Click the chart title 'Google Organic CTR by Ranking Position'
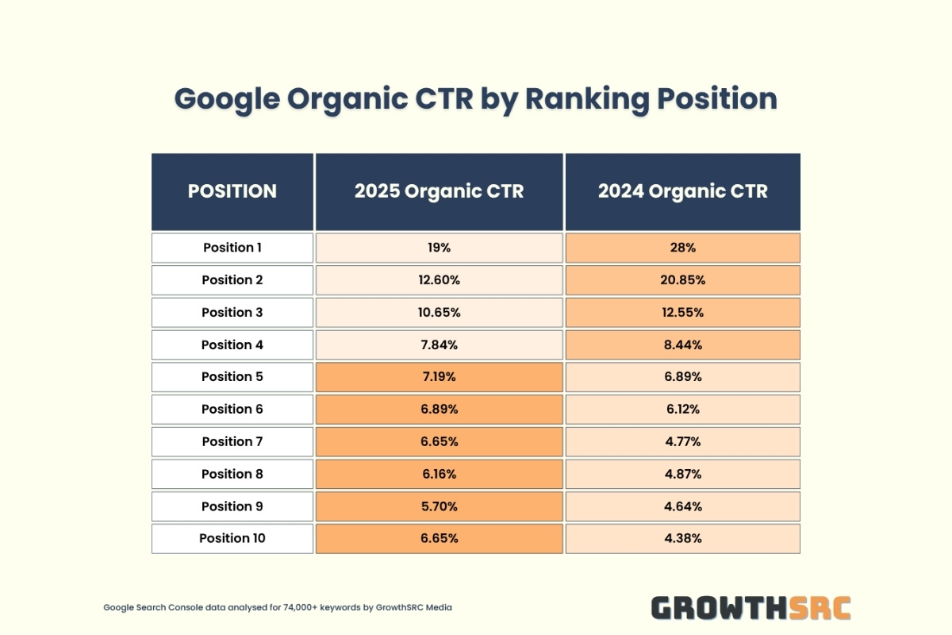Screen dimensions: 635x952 tap(475, 99)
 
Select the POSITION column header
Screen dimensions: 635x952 tap(232, 191)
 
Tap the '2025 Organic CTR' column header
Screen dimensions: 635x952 tap(439, 191)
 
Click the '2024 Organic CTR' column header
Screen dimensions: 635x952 tap(682, 191)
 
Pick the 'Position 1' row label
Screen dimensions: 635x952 tap(232, 248)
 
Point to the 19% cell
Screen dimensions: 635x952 tap(439, 248)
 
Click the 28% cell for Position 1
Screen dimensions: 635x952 tap(682, 248)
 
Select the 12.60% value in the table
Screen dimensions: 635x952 tap(439, 280)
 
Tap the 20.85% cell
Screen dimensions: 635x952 tap(682, 280)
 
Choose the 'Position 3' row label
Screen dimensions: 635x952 tap(232, 313)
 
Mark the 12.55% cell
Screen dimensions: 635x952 tap(682, 313)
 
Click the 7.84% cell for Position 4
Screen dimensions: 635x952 tap(439, 344)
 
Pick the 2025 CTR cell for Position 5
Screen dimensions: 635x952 tap(439, 377)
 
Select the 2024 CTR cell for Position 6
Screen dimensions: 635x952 tap(682, 410)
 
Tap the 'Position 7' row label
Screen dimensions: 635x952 tap(232, 442)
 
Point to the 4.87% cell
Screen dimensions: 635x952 tap(682, 474)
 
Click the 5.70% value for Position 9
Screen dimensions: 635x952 tap(439, 506)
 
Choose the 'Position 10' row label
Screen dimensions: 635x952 tap(232, 538)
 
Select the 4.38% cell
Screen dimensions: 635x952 tap(682, 538)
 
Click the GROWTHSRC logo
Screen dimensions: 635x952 tap(750, 608)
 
